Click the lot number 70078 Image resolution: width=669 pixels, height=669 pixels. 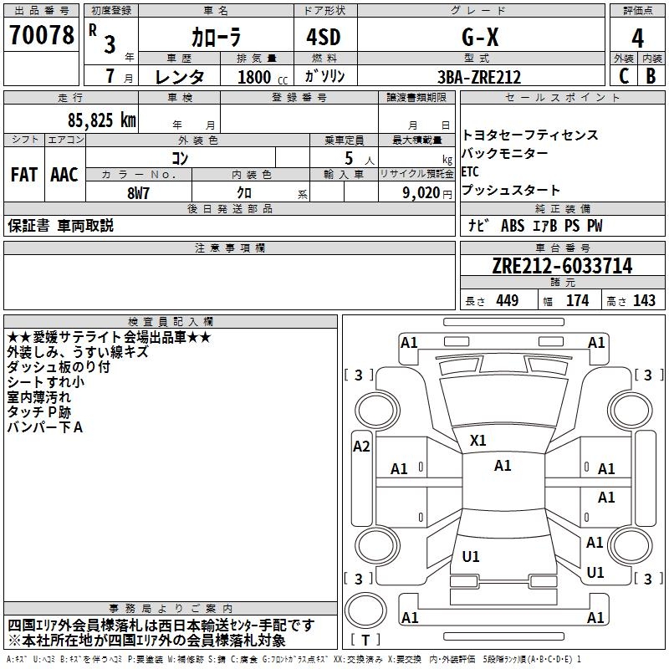(x=42, y=34)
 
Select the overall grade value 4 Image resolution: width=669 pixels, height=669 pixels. (x=637, y=38)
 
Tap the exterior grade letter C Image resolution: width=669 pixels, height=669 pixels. (x=624, y=76)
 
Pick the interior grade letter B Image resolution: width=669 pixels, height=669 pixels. (x=651, y=76)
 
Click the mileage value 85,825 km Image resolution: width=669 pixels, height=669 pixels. (x=102, y=120)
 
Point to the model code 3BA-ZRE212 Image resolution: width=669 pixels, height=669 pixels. (x=479, y=77)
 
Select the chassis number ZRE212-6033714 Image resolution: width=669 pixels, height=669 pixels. (x=562, y=266)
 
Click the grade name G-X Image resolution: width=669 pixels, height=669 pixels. (x=480, y=38)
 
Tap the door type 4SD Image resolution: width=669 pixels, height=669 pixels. (x=324, y=37)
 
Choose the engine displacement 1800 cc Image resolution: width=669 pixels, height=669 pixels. (x=263, y=77)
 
